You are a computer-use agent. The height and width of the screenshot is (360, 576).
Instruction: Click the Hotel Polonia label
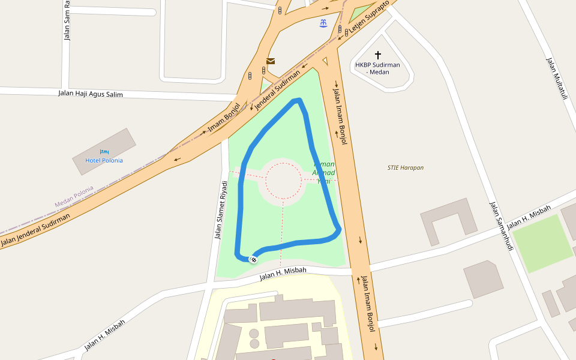coord(104,160)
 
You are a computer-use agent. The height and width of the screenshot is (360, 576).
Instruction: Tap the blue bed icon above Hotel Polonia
coord(104,152)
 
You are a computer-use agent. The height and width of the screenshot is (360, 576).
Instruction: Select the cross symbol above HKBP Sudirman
coord(377,55)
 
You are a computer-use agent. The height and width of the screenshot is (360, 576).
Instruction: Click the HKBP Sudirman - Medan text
coord(377,68)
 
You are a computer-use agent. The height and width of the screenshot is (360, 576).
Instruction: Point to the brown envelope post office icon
coord(271,61)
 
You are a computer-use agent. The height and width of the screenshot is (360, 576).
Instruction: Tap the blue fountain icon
coord(323,23)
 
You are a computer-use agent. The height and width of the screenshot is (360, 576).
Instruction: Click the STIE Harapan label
coord(406,168)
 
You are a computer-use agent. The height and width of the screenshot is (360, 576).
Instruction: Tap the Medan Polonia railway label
coord(74,197)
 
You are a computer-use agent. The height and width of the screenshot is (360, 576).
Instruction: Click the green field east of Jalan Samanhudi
coord(542,242)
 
